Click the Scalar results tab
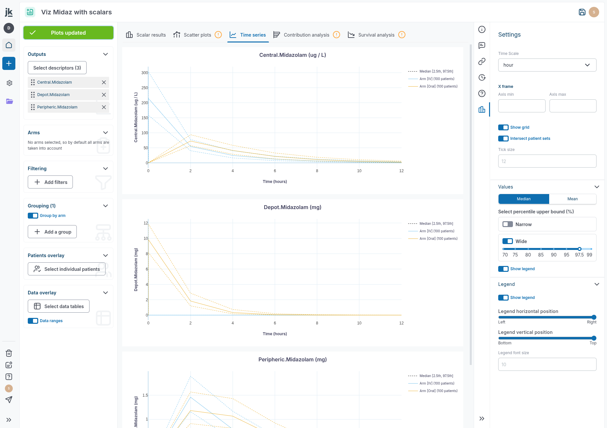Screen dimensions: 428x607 coord(146,35)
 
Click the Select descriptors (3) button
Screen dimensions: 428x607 coord(57,68)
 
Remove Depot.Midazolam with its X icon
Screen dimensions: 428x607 coord(104,95)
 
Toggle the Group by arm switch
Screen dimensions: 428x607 coord(33,216)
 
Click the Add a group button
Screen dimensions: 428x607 coord(52,232)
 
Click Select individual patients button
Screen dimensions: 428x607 coord(67,269)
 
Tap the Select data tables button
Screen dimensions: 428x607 coord(59,306)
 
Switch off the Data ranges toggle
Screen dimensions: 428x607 coord(33,321)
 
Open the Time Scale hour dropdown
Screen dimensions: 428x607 coord(547,65)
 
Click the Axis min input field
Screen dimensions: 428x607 coord(521,106)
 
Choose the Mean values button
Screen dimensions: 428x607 coord(572,199)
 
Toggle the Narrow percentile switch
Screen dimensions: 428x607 coord(508,224)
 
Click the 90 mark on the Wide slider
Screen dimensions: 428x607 coord(554,249)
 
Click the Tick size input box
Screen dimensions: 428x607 coord(547,161)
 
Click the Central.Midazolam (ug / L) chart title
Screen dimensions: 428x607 coord(292,55)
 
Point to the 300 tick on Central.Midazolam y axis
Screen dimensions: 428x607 coord(144,73)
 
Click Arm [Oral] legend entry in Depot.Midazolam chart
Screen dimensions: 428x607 coord(438,239)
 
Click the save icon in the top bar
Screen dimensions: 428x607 coord(582,12)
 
